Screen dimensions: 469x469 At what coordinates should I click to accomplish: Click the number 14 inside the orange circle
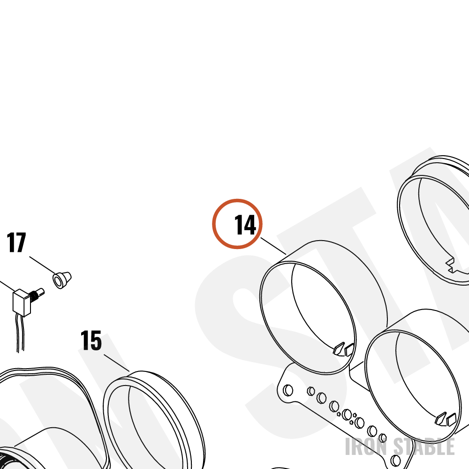click(245, 225)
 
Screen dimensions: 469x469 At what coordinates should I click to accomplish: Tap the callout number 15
click(91, 340)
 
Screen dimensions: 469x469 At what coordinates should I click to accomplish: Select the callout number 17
click(16, 242)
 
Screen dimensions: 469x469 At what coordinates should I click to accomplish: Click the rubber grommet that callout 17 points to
click(62, 280)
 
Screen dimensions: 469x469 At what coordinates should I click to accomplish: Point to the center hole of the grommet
click(57, 281)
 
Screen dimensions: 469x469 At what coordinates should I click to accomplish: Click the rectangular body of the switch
click(21, 303)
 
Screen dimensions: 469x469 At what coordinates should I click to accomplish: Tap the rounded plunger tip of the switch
click(41, 292)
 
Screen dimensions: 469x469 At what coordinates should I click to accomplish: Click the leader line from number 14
click(273, 246)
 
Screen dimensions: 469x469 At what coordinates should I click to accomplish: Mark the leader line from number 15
click(117, 363)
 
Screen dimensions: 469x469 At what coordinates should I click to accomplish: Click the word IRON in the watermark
click(367, 446)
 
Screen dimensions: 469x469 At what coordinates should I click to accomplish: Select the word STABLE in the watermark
click(424, 446)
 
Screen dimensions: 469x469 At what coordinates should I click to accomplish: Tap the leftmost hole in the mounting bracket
click(288, 390)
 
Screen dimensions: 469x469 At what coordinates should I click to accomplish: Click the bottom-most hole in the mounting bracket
click(396, 461)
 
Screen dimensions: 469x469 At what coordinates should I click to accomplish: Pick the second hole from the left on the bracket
click(311, 391)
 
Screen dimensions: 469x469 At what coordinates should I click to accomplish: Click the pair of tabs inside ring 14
click(344, 349)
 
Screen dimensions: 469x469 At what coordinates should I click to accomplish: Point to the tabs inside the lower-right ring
click(446, 419)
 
